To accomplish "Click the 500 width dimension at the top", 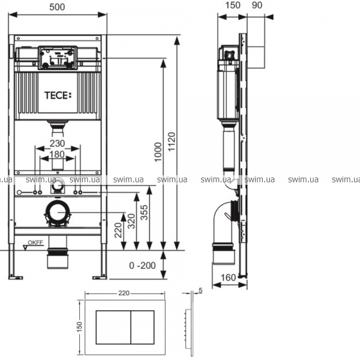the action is point(57,7).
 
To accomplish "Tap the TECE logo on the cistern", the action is point(58,95).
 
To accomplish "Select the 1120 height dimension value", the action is point(172,142).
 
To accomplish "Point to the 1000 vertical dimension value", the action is point(158,152).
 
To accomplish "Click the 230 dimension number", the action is point(58,143).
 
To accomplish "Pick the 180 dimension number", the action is point(58,154).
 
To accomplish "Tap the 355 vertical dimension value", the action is point(144,212).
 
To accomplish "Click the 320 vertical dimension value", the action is point(131,221).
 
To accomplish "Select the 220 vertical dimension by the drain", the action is point(118,230).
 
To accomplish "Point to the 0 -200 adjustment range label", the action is point(142,266).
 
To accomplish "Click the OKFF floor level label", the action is point(35,242).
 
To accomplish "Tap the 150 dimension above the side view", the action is point(233,5).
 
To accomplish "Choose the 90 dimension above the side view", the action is point(257,5).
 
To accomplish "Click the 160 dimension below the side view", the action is point(229,278).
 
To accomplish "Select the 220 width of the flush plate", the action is point(124,293).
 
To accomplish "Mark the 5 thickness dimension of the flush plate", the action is point(200,290).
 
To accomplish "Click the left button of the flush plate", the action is point(113,328).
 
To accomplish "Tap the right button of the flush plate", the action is point(143,328).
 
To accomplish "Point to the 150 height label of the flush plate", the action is point(79,327).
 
